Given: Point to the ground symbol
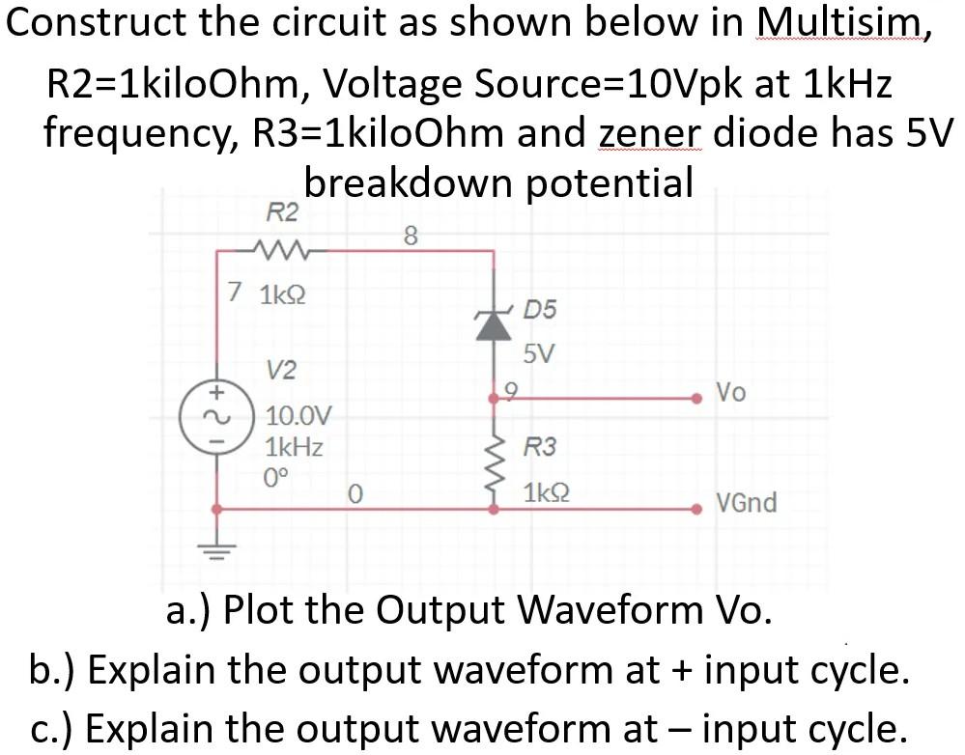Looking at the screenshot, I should click(x=216, y=557).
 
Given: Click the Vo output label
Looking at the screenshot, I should click(x=730, y=392).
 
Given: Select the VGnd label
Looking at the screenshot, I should click(x=746, y=503).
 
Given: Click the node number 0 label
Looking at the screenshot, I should click(x=355, y=495).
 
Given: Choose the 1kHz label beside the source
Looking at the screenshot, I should click(x=295, y=447).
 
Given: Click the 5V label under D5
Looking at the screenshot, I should click(x=538, y=353).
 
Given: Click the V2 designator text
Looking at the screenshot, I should click(x=282, y=370).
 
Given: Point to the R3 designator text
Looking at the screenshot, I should click(x=540, y=447).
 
